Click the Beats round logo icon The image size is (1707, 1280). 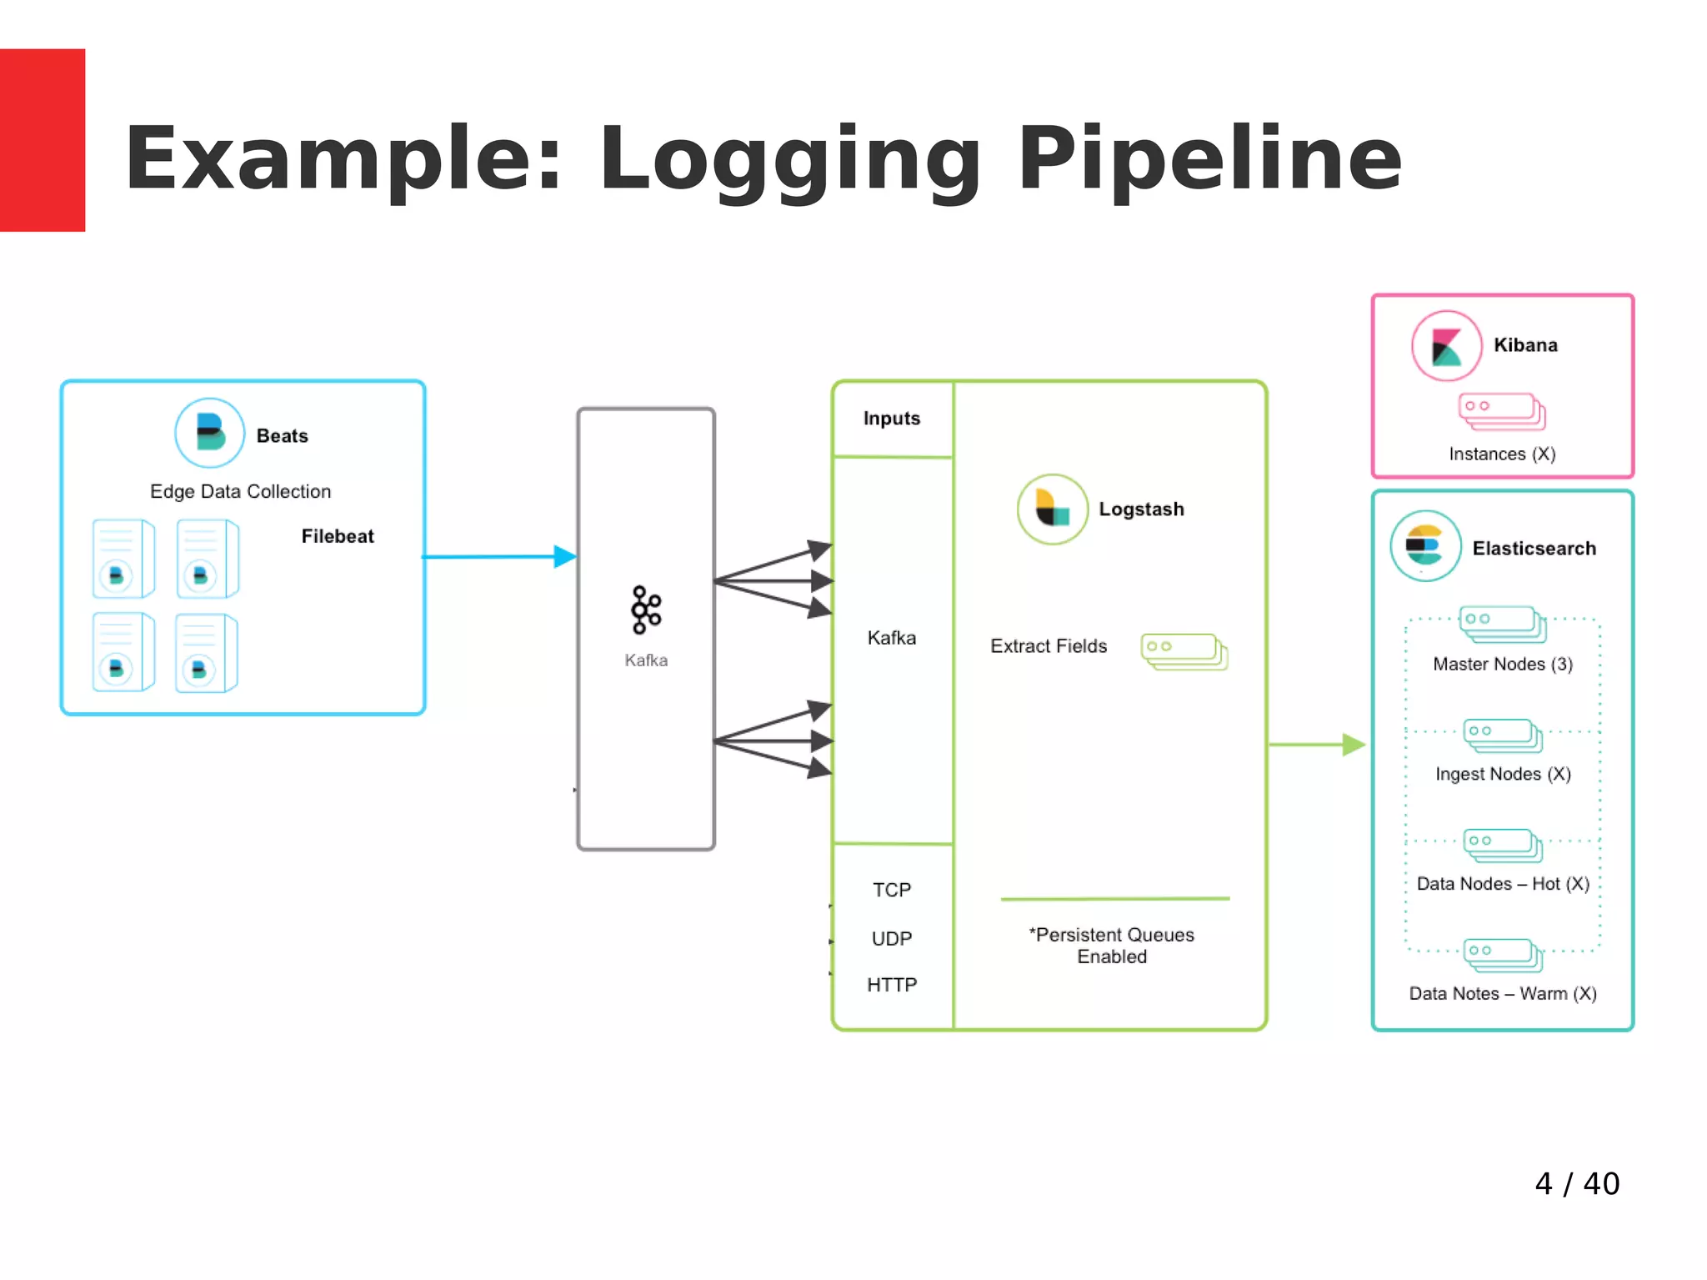pyautogui.click(x=209, y=433)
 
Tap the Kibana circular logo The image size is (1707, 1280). pyautogui.click(x=1446, y=346)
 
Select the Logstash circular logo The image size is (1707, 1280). pyautogui.click(x=1052, y=509)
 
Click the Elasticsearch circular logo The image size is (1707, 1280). pyautogui.click(x=1425, y=546)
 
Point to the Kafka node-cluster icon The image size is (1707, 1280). pyautogui.click(x=646, y=610)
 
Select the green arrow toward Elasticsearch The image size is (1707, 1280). pyautogui.click(x=1316, y=745)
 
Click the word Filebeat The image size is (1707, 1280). pyautogui.click(x=338, y=536)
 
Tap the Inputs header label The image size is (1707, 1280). pyautogui.click(x=892, y=419)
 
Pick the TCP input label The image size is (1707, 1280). pyautogui.click(x=892, y=890)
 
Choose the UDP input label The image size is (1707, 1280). pyautogui.click(x=892, y=938)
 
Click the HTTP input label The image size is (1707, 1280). pyautogui.click(x=892, y=985)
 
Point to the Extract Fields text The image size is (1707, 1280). pyautogui.click(x=1049, y=646)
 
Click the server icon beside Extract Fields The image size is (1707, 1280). pyautogui.click(x=1184, y=651)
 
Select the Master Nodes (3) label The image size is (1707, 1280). pyautogui.click(x=1503, y=664)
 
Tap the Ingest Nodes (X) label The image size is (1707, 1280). pyautogui.click(x=1503, y=774)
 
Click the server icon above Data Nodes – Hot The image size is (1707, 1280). pyautogui.click(x=1503, y=845)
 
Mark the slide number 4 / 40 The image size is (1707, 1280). pyautogui.click(x=1577, y=1183)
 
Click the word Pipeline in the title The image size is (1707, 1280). pyautogui.click(x=1209, y=159)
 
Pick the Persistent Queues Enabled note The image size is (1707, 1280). pyautogui.click(x=1112, y=946)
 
